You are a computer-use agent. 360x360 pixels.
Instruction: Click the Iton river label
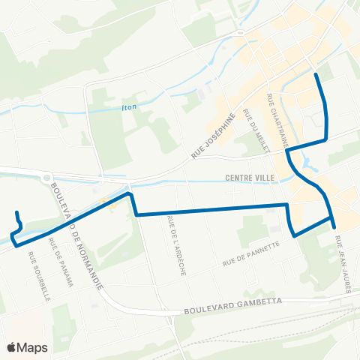coord(130,107)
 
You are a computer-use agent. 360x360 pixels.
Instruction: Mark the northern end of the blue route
coord(316,74)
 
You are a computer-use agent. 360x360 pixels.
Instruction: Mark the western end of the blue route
coord(13,238)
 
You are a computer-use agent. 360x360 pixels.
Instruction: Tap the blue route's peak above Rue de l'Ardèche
coord(130,193)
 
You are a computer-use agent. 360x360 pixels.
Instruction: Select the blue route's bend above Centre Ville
coord(287,151)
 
